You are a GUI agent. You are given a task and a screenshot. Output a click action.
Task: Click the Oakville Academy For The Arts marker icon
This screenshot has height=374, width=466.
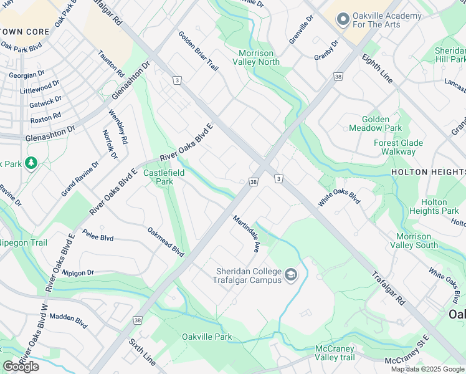coord(341,19)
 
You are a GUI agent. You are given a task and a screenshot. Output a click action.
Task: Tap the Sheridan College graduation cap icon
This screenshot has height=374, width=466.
coord(290,275)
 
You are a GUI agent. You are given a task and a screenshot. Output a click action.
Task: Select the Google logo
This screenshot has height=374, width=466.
coord(21,367)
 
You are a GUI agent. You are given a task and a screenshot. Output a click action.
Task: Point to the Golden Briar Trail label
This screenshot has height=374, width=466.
coord(198,51)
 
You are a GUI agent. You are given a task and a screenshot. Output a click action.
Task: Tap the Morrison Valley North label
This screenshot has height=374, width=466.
coord(256,57)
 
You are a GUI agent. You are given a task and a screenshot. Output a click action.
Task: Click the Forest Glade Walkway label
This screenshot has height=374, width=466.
coord(398,147)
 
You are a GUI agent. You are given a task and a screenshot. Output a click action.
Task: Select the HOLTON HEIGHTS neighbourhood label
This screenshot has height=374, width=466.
coord(428,171)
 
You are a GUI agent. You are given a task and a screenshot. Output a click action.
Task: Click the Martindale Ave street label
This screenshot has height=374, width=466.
coord(247,234)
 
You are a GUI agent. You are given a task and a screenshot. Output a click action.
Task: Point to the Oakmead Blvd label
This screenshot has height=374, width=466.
coord(166,242)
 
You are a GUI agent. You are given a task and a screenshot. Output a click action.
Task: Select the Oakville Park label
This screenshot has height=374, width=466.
coord(206,337)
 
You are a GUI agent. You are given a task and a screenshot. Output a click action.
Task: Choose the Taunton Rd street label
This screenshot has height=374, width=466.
coord(111,64)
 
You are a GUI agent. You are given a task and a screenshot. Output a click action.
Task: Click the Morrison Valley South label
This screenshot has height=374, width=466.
coord(422,241)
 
